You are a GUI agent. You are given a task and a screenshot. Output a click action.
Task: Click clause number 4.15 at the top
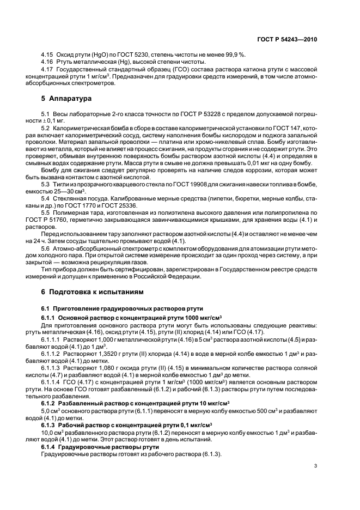click(47, 55)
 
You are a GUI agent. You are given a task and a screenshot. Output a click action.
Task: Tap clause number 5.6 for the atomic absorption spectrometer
click(47, 248)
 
